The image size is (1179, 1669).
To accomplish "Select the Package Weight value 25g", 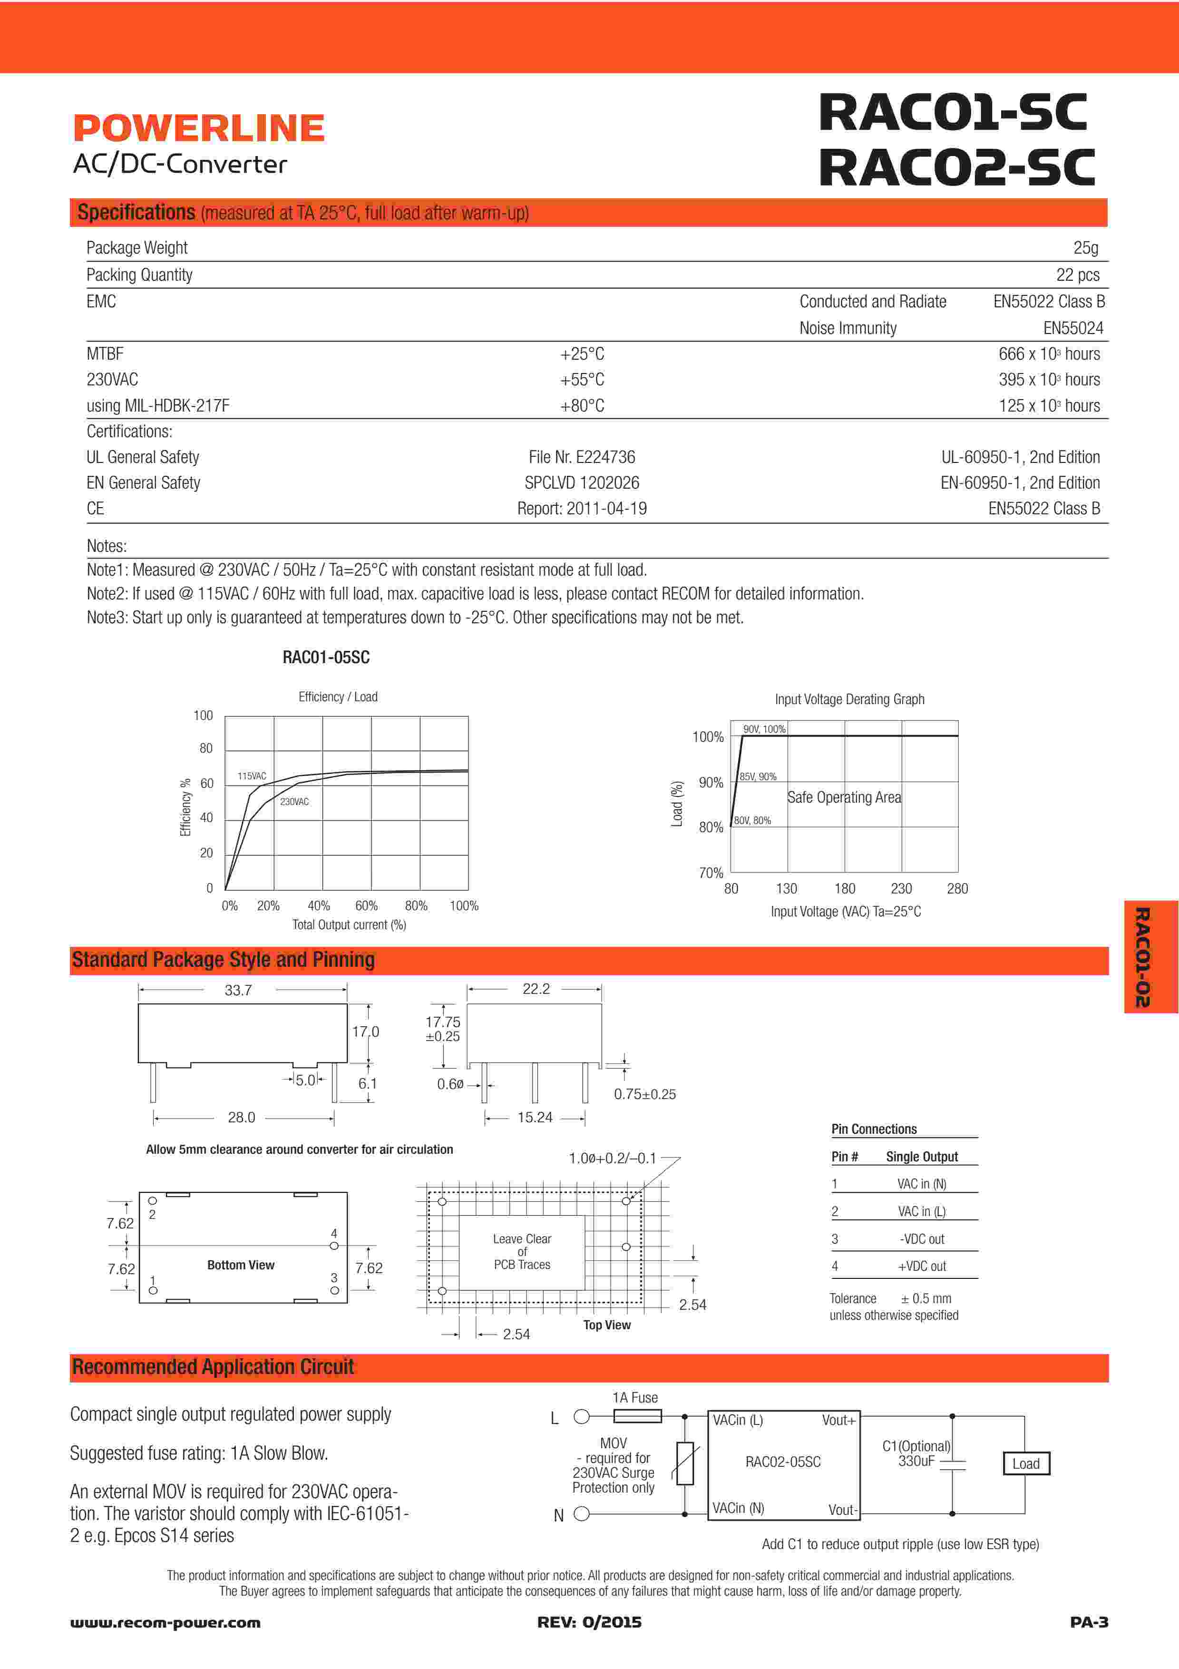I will point(1085,248).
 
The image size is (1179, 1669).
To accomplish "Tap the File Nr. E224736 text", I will point(581,457).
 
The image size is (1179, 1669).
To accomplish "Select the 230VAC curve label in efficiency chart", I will point(294,802).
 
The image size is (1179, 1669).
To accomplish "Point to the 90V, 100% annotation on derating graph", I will point(763,729).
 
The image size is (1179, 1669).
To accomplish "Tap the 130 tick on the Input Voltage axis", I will point(786,888).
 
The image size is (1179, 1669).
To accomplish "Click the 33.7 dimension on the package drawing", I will point(238,990).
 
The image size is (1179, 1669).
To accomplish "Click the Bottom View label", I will point(241,1265).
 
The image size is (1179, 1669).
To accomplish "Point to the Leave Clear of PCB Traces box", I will point(522,1252).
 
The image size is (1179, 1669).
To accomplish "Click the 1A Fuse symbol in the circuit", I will point(637,1416).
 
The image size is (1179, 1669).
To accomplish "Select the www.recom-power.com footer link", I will point(165,1622).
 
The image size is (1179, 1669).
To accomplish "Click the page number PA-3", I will point(1088,1622).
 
